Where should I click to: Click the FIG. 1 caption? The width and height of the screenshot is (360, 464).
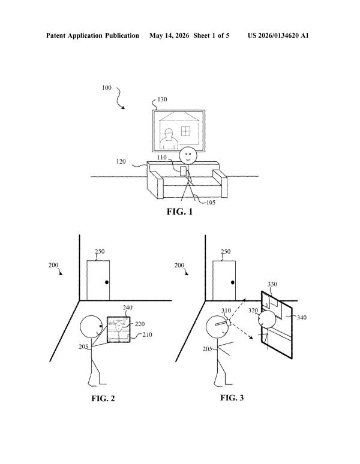(x=179, y=212)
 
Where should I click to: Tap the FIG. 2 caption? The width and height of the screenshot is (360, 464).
(x=103, y=398)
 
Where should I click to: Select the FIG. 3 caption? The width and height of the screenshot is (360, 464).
(x=232, y=397)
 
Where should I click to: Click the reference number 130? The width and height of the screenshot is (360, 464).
(x=162, y=100)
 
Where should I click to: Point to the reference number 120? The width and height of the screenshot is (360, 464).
(x=121, y=162)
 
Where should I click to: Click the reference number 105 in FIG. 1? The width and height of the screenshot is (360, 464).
(x=211, y=203)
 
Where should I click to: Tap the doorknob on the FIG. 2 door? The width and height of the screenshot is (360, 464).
(x=107, y=282)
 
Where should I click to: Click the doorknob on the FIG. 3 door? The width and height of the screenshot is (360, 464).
(x=233, y=282)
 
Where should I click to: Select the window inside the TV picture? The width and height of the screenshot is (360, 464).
(x=185, y=131)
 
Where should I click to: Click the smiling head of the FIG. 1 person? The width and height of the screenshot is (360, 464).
(x=188, y=155)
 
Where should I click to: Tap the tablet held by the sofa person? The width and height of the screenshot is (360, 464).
(x=183, y=171)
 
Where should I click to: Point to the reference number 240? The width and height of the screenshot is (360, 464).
(x=128, y=308)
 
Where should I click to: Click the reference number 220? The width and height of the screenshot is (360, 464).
(x=140, y=324)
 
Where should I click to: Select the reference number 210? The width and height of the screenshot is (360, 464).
(x=147, y=335)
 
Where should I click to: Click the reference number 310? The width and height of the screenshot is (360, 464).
(x=226, y=311)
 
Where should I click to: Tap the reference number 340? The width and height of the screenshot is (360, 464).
(x=302, y=318)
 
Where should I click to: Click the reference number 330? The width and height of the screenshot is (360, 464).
(x=272, y=284)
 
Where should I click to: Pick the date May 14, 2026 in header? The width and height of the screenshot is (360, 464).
(x=169, y=36)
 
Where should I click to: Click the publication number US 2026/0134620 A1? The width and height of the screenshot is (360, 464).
(x=278, y=36)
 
